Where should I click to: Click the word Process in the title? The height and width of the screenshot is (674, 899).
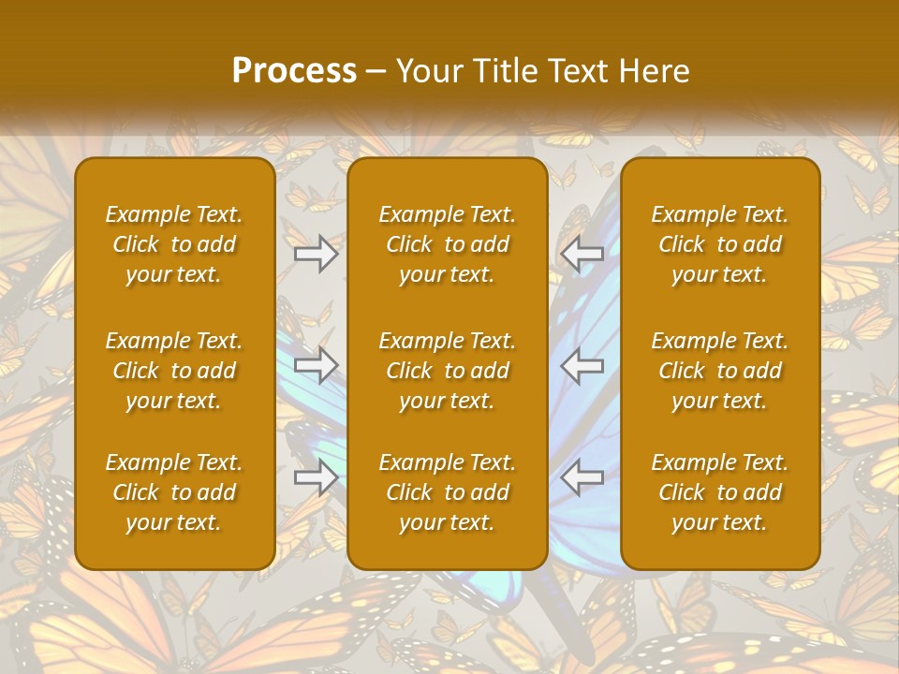click(x=294, y=71)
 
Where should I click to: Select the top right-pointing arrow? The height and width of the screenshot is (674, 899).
click(x=317, y=254)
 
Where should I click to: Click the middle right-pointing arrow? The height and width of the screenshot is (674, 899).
click(x=317, y=365)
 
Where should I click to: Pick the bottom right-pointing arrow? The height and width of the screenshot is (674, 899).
click(x=317, y=477)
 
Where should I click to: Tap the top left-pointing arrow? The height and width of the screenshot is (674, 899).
click(x=582, y=254)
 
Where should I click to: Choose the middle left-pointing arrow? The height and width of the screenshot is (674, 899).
click(x=582, y=365)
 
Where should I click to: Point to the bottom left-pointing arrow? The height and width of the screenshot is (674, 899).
click(x=582, y=477)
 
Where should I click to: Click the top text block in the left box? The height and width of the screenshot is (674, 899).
click(x=174, y=244)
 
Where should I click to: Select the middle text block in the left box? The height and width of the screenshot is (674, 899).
click(x=174, y=371)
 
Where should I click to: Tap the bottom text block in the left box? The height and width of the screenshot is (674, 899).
click(x=174, y=492)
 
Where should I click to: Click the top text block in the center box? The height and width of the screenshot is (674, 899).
click(x=447, y=244)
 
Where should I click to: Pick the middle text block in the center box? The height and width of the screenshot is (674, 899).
click(x=447, y=371)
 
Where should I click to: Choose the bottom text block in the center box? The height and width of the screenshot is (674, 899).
click(x=447, y=492)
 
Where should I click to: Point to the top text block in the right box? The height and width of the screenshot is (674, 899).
click(x=719, y=244)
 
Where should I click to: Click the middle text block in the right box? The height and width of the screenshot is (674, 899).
click(x=719, y=371)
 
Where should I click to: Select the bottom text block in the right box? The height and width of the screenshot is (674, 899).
click(x=719, y=492)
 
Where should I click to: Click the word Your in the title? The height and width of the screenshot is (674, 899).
click(x=426, y=71)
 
